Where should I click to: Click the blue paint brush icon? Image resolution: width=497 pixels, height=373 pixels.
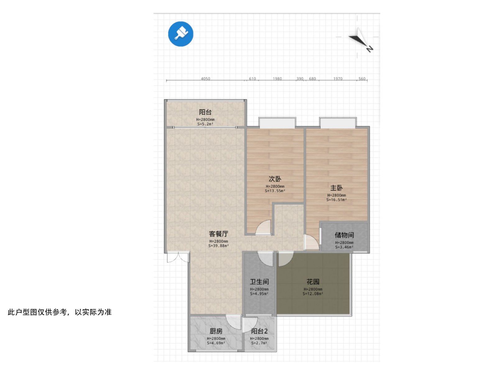pos(180,34)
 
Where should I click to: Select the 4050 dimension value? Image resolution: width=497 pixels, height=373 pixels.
pos(205,79)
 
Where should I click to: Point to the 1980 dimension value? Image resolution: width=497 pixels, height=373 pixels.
pos(277,79)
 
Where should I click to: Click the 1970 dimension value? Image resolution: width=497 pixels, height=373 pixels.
pos(338,79)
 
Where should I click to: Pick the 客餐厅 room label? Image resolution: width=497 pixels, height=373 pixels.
pos(218,234)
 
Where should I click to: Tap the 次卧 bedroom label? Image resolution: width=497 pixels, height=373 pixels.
pos(275,179)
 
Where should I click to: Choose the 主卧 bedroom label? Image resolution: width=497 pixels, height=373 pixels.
pos(336,188)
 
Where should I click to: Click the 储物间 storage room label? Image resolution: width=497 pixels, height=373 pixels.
pos(344,235)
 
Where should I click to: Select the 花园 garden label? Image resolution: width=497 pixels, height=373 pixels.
pos(313,282)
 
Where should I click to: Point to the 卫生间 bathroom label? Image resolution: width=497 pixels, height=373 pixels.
pos(259,282)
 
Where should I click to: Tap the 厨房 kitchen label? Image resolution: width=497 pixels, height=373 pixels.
pos(216,331)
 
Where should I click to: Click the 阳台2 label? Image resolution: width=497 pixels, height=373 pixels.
pos(259,331)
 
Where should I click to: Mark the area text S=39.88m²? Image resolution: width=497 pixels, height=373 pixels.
pos(218,246)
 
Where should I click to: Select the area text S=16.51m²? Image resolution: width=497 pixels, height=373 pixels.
pos(336,200)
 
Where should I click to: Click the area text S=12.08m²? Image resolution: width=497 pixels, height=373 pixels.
pos(313,294)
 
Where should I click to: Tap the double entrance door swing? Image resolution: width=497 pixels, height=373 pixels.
pos(178,257)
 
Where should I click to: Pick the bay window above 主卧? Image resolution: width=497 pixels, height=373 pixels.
pos(338,122)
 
